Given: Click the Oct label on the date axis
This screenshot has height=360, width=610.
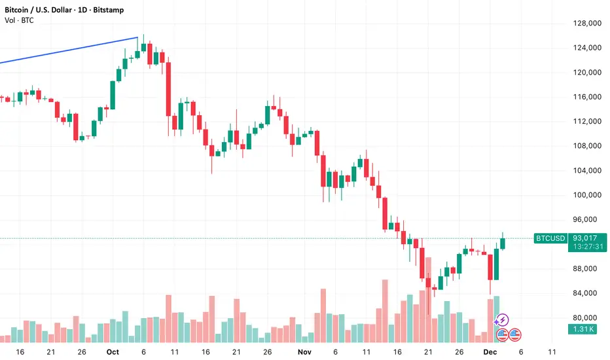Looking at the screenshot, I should [x=113, y=351].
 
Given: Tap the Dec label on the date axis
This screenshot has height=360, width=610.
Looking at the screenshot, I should [x=489, y=351].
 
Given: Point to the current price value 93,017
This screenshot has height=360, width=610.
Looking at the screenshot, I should [x=584, y=238].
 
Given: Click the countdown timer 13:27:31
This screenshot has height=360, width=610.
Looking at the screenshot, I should [x=584, y=247].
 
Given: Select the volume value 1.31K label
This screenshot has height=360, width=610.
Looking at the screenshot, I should [x=584, y=329].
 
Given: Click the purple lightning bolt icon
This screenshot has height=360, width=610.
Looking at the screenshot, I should [x=502, y=320].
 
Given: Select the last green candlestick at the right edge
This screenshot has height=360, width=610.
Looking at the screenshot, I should [x=503, y=243].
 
